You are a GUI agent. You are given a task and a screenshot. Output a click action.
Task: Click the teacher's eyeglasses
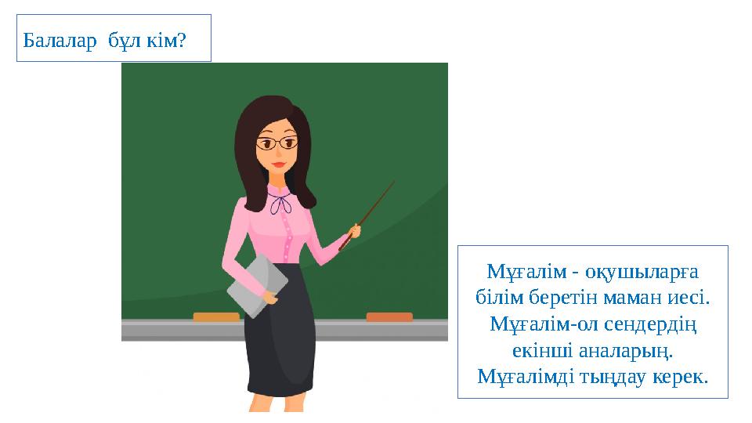coord(278,143)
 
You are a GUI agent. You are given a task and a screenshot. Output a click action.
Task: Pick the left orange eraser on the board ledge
coord(216,316)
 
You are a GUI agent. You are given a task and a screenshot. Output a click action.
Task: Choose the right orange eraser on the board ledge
coord(389,316)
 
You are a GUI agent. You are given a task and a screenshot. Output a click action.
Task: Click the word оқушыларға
coord(638,272)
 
